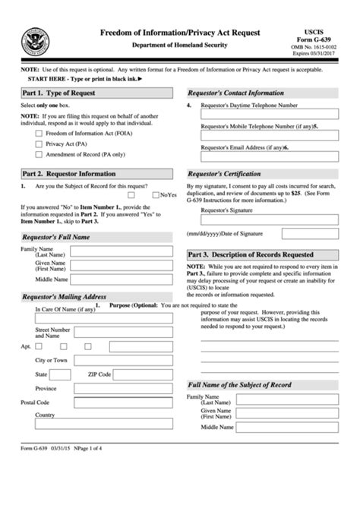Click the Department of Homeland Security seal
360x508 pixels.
click(x=36, y=40)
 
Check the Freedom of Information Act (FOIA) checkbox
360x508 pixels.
click(x=38, y=133)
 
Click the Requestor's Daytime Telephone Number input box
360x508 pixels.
click(x=270, y=114)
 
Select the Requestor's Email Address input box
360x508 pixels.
click(x=270, y=157)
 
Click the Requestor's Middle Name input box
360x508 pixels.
click(x=125, y=279)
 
